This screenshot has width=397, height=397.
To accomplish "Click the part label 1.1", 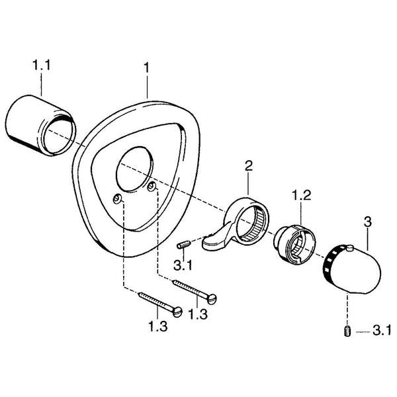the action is point(42,66).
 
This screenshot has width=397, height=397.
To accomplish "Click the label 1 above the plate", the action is point(147,68).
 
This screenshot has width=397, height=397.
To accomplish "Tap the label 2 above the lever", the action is point(248,166).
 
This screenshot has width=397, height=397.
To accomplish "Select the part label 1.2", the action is point(301,195).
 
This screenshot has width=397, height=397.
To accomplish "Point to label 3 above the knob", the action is point(367,222).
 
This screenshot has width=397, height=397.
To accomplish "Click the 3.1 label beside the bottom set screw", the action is point(382,331).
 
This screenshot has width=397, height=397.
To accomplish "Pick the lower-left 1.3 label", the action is point(157,326).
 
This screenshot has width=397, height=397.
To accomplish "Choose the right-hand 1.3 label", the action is point(198,314).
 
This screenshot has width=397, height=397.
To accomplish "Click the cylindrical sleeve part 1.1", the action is point(40,125).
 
